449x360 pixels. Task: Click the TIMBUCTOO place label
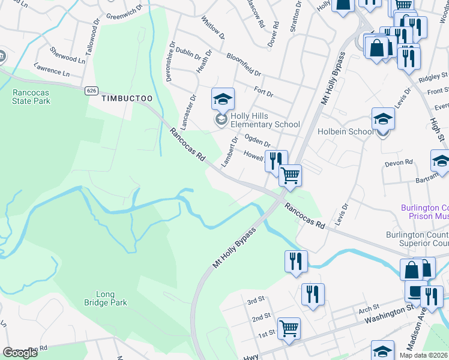point(127,98)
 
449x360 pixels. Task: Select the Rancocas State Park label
point(31,97)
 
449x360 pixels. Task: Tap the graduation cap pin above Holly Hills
point(223,99)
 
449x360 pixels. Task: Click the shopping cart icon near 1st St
point(289,329)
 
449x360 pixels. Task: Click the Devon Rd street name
point(400,162)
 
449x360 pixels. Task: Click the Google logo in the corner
point(20,353)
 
